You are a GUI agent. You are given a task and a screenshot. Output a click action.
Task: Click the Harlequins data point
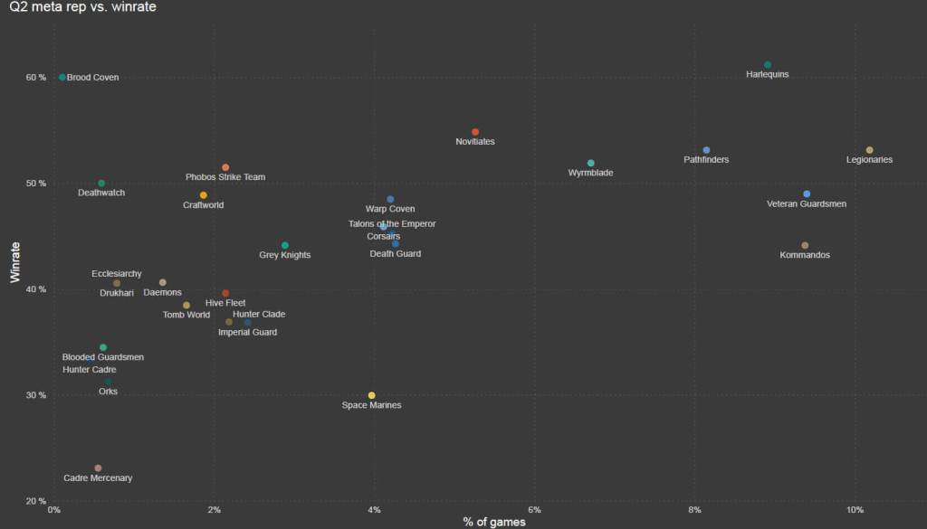768,65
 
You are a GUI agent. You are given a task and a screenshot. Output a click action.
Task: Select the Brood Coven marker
62,78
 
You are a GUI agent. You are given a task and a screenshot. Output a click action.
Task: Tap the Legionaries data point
870,150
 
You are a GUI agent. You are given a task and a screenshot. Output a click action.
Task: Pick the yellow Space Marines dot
372,396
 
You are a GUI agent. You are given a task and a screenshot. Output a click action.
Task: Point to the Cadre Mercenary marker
98,468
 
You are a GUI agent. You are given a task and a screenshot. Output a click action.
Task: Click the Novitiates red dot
475,133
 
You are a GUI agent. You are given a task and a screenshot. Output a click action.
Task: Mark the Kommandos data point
805,246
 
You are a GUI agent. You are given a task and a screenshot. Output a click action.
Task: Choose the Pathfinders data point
707,150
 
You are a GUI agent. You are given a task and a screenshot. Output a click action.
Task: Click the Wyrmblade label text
590,173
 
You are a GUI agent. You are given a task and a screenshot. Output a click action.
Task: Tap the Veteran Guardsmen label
807,204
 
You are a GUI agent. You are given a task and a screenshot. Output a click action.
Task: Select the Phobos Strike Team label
225,177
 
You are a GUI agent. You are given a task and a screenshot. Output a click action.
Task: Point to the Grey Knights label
285,256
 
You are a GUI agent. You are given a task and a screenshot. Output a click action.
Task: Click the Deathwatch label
101,193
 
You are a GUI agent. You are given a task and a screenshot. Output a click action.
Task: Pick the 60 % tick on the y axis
35,78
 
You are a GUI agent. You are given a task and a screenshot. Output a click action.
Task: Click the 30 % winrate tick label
35,396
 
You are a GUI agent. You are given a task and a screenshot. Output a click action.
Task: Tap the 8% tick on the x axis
694,511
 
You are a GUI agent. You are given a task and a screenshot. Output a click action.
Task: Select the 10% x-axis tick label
855,511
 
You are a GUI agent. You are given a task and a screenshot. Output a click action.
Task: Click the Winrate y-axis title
15,261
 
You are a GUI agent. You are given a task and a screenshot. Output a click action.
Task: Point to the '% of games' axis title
494,522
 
